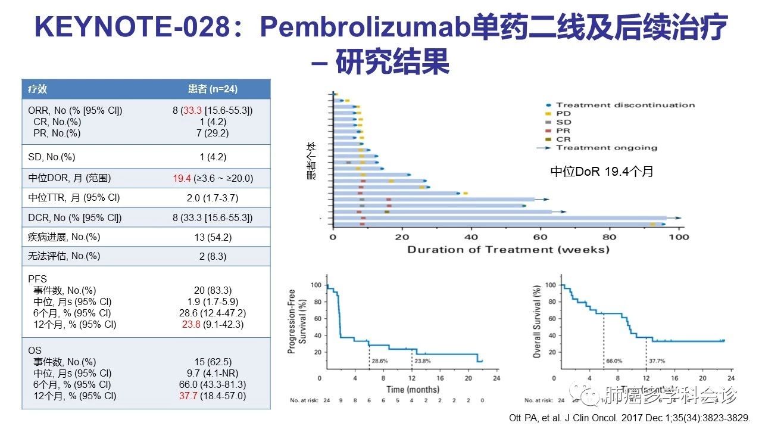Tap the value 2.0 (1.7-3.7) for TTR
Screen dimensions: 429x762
[x=213, y=198]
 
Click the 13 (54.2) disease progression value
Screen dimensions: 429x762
[x=213, y=237]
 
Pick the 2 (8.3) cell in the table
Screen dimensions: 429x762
[x=213, y=256]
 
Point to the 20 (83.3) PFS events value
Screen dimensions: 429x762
[x=213, y=290]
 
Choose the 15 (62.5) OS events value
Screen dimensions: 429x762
[x=213, y=362]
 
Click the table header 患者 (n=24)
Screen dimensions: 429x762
[x=213, y=89]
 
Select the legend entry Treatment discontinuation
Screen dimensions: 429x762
[x=625, y=105]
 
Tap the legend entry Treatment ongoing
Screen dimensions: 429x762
[x=607, y=148]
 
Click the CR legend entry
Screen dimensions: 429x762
[x=563, y=139]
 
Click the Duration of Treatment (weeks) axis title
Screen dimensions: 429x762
[x=508, y=250]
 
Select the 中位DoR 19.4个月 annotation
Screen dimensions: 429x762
[x=601, y=172]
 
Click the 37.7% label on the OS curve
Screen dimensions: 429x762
[x=657, y=362]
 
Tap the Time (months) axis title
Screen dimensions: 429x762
[x=413, y=390]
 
